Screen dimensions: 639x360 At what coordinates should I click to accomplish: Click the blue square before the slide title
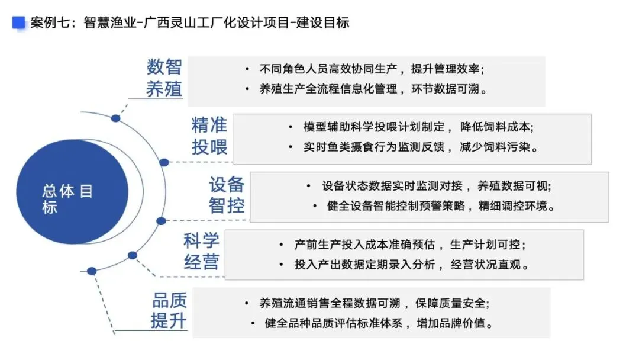(x=19, y=22)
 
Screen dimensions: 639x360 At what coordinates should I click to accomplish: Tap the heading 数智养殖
(x=164, y=78)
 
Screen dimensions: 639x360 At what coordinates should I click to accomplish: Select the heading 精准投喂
(x=209, y=136)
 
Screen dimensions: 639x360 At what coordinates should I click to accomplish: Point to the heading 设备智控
(x=226, y=195)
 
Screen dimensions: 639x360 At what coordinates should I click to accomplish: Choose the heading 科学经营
(x=201, y=251)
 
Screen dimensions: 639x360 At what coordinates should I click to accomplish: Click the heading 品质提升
(x=169, y=310)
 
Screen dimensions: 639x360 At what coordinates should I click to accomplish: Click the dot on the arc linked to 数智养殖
(x=115, y=118)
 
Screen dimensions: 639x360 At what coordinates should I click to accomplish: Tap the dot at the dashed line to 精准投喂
(x=164, y=162)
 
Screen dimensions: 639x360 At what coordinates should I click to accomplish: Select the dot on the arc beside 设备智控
(x=161, y=221)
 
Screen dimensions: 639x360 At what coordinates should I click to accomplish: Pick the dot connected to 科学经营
(x=133, y=255)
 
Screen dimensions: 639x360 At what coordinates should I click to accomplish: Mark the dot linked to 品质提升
(x=92, y=271)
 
